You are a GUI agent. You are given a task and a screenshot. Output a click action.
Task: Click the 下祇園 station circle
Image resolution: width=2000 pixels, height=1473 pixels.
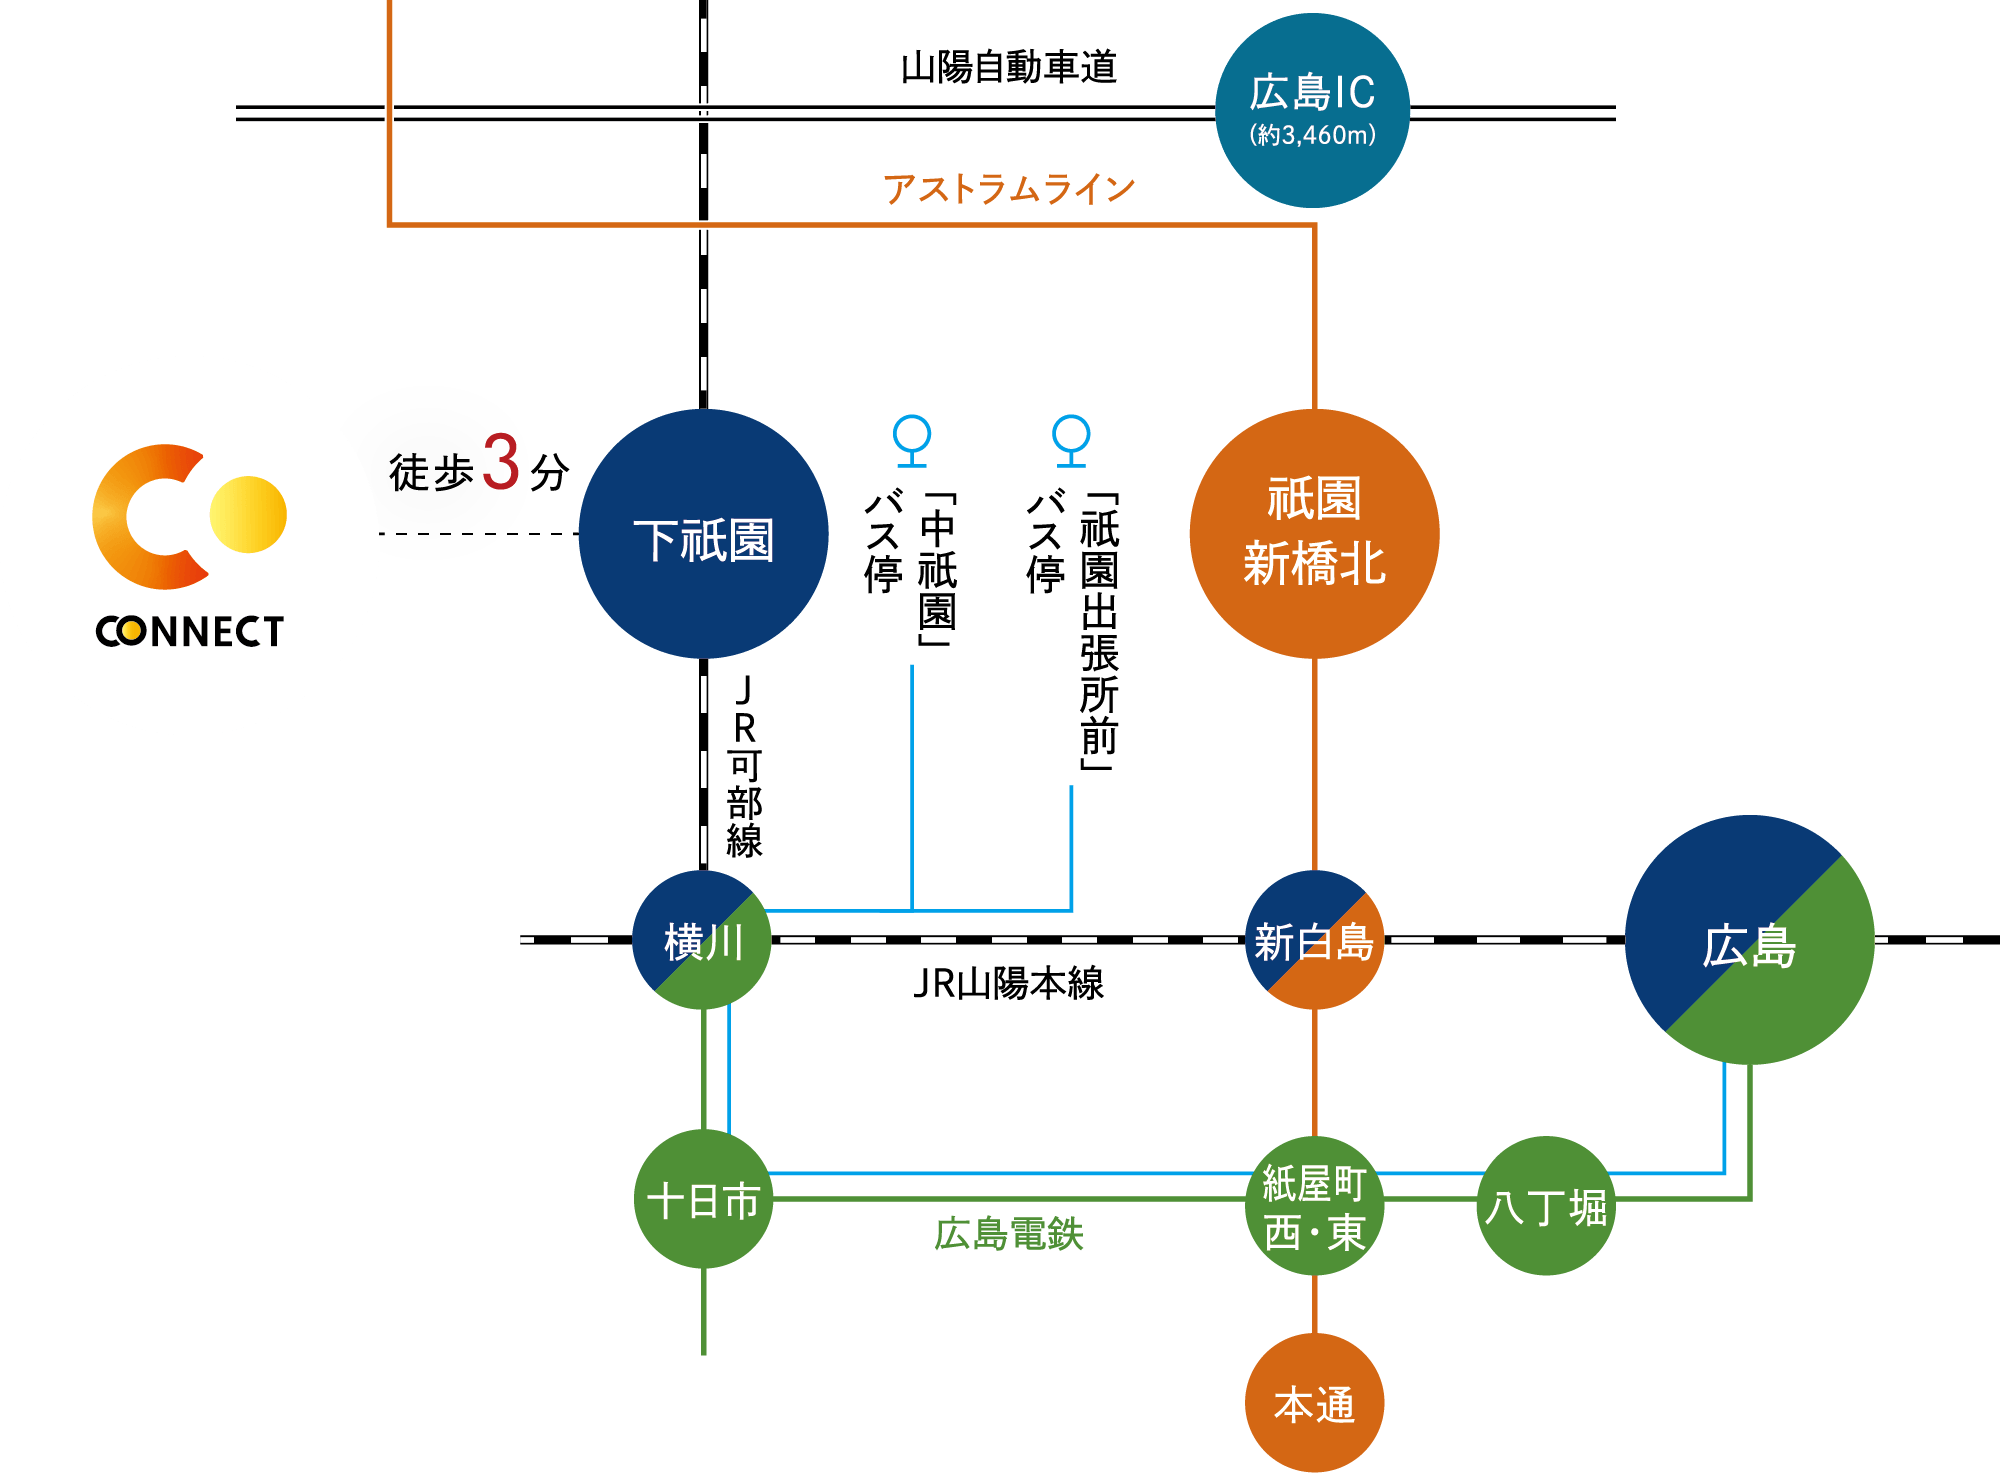click(x=703, y=534)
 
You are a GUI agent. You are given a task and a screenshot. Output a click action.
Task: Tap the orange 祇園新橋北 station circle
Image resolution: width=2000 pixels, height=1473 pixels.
click(x=1314, y=534)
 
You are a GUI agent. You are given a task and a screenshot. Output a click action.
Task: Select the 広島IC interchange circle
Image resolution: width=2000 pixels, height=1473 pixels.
click(x=1312, y=110)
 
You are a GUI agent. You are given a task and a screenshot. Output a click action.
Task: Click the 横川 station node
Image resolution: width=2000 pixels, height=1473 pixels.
click(x=703, y=940)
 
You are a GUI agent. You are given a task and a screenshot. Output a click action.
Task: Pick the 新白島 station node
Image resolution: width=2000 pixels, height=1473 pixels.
click(x=1314, y=940)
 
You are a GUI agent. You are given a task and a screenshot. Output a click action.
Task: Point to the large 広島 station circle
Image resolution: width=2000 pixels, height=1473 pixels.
click(x=1749, y=940)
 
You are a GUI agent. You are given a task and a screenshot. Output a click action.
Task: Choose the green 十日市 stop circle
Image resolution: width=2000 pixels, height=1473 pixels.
click(x=703, y=1199)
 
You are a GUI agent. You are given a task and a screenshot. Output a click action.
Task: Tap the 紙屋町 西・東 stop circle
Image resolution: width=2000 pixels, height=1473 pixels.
click(x=1314, y=1206)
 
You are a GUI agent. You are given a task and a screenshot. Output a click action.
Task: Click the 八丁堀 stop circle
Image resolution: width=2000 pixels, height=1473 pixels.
click(x=1546, y=1206)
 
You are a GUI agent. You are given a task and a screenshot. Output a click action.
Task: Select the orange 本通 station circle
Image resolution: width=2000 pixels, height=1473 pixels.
click(x=1314, y=1403)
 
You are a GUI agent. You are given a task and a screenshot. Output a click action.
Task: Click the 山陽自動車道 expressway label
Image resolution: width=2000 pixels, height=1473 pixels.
click(x=1008, y=67)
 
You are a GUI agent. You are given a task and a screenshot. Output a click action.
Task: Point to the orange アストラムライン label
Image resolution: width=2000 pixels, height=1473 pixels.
click(x=1008, y=188)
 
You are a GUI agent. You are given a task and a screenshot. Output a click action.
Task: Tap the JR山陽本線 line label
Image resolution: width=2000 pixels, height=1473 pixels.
click(x=1008, y=983)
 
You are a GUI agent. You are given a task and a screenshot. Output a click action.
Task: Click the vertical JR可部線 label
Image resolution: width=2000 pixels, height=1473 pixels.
click(x=744, y=766)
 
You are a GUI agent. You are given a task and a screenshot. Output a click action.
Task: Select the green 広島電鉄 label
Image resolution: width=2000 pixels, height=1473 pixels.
click(x=1008, y=1234)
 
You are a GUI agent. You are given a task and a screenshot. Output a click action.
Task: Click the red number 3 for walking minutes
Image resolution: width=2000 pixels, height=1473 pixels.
click(x=502, y=462)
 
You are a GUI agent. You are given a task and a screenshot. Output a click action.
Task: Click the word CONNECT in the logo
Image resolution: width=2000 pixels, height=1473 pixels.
click(x=190, y=631)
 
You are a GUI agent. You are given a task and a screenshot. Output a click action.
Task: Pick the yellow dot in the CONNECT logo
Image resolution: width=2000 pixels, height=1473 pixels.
click(x=249, y=514)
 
